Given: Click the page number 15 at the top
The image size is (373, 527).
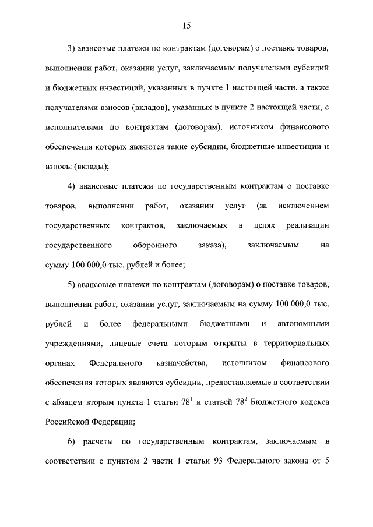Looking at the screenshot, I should (x=186, y=26).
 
